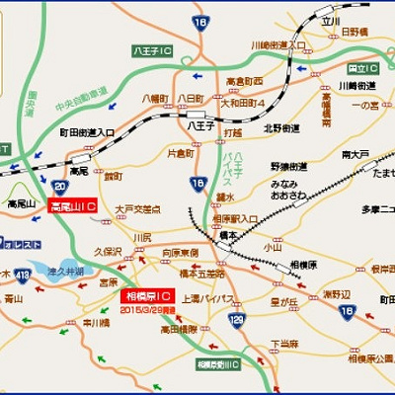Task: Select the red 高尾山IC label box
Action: [x=71, y=207]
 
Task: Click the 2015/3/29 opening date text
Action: [x=147, y=308]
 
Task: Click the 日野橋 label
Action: [x=364, y=32]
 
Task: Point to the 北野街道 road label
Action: [x=281, y=126]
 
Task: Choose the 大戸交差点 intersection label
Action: [x=137, y=209]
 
